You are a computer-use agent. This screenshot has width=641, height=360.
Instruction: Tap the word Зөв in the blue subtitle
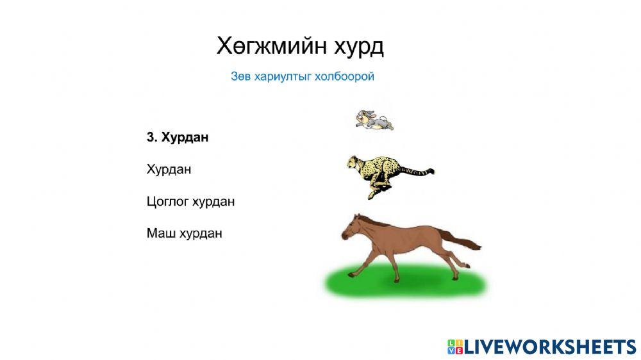coord(240,77)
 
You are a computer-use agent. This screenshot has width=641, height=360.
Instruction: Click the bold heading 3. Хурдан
coord(178,137)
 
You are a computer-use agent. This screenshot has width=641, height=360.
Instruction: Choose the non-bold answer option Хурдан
coord(169,170)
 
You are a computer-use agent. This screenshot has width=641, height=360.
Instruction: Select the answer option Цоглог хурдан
coord(190,202)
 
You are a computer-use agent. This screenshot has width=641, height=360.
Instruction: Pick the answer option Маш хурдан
coord(184,233)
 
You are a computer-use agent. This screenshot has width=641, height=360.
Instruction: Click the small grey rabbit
coord(374,120)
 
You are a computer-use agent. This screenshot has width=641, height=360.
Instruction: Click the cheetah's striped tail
coord(417,171)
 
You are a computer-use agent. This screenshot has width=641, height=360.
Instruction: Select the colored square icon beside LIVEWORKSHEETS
coord(454,347)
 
